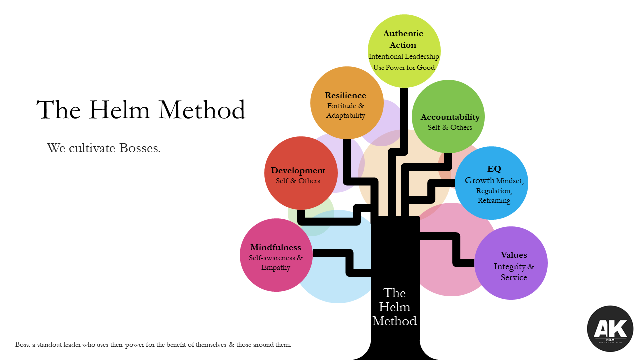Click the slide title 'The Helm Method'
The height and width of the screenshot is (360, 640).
(x=141, y=110)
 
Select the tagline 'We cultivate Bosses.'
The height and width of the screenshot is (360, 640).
(x=104, y=148)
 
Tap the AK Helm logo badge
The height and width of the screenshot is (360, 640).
(x=610, y=329)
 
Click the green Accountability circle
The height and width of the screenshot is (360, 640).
(x=449, y=117)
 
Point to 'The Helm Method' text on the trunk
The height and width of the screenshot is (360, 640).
(x=394, y=307)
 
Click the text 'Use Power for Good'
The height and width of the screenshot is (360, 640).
(x=404, y=67)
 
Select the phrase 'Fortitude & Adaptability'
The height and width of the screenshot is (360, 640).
(x=346, y=111)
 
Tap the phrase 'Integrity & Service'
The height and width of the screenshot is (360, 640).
(x=514, y=272)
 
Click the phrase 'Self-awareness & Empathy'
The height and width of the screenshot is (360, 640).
(x=276, y=263)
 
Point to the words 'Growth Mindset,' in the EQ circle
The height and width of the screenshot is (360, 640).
(x=494, y=181)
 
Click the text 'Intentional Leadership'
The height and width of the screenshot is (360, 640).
(x=404, y=56)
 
